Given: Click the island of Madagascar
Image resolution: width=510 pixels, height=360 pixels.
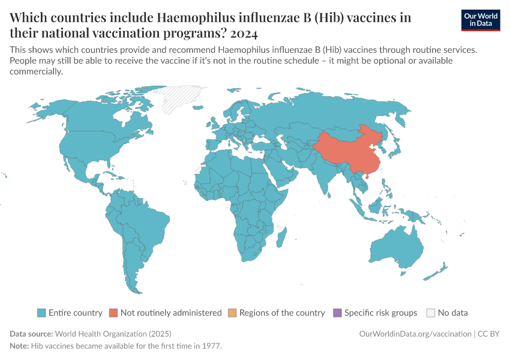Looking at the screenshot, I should [x=280, y=239].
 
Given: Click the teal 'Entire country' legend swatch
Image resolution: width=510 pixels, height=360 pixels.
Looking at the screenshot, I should [x=41, y=313].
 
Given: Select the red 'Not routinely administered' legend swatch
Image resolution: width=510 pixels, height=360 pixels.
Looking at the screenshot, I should [x=113, y=313].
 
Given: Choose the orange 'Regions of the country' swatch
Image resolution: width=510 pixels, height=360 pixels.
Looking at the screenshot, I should [x=232, y=313].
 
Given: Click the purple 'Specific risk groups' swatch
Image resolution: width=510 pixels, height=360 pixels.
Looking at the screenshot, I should [x=337, y=313].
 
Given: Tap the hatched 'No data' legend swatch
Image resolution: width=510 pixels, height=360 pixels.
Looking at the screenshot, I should [x=430, y=313].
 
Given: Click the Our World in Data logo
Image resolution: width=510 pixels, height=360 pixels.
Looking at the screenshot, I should [x=481, y=19].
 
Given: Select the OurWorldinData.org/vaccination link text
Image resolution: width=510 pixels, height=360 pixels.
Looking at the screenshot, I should [x=415, y=334].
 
